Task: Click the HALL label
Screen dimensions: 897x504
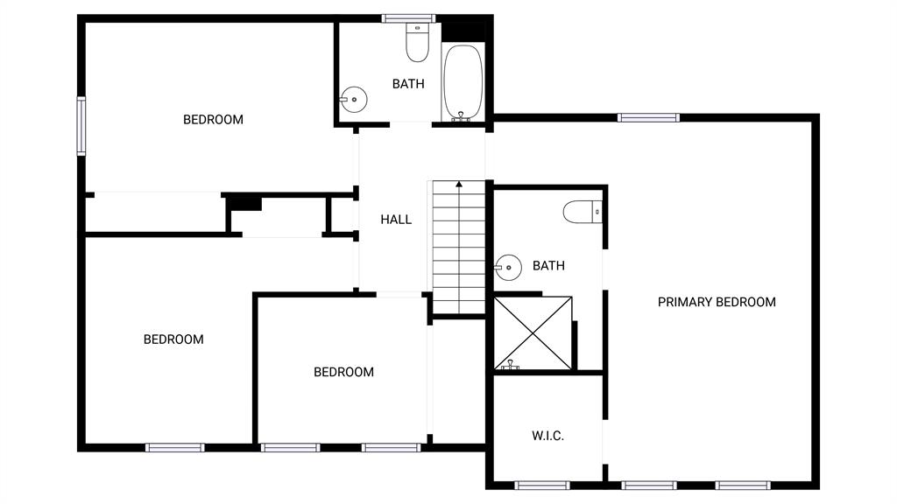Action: (x=396, y=220)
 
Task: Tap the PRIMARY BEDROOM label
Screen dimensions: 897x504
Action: (x=717, y=302)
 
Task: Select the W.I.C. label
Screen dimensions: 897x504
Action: (x=548, y=436)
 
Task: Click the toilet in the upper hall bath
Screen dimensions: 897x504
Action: (x=418, y=42)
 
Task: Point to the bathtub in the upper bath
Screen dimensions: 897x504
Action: (x=463, y=82)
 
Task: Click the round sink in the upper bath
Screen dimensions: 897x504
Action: (x=354, y=100)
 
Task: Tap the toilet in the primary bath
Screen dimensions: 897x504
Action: (x=583, y=212)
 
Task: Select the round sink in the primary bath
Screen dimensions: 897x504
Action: (x=508, y=268)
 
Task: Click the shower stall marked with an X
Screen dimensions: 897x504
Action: (x=533, y=333)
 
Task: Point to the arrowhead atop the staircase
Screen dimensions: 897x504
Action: (x=459, y=184)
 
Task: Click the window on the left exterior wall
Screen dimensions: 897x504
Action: (x=81, y=126)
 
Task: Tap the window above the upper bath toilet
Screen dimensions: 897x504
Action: (x=408, y=18)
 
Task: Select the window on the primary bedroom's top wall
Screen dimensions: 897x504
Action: (x=649, y=118)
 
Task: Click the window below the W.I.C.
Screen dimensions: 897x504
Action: (x=541, y=486)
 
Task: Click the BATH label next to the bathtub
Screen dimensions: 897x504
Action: (x=408, y=84)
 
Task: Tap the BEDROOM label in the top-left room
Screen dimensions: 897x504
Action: (x=214, y=119)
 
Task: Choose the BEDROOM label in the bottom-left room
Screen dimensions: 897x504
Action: (x=173, y=339)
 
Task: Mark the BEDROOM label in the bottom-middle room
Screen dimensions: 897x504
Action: (x=343, y=372)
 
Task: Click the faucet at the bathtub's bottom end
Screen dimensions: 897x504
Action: (x=461, y=116)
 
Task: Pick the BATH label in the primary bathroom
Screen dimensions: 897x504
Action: (x=548, y=266)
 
